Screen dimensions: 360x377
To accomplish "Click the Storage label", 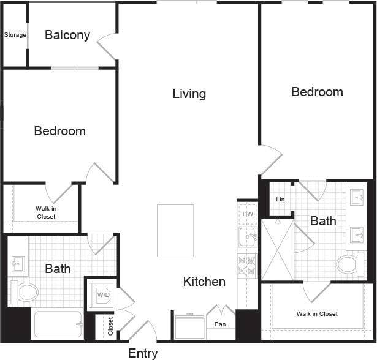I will point(15,35).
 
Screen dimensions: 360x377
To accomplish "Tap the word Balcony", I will point(67,35).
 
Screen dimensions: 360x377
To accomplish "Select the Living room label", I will point(189,94).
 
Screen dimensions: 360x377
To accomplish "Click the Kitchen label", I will point(204,282).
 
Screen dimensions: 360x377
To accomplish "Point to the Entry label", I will point(143,353).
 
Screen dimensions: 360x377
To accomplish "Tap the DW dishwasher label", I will point(248,214).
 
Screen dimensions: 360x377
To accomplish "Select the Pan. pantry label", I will point(221,324).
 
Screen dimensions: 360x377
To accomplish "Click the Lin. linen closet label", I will point(281,200).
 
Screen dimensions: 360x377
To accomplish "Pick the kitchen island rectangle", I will point(175,230).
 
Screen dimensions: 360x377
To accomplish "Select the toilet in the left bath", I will point(24,291).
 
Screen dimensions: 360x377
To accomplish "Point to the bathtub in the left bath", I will point(58,324).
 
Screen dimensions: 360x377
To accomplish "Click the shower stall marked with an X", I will point(277,249).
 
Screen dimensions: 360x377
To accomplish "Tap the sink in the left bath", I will point(17,264).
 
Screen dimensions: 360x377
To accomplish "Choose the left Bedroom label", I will point(59,131).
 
